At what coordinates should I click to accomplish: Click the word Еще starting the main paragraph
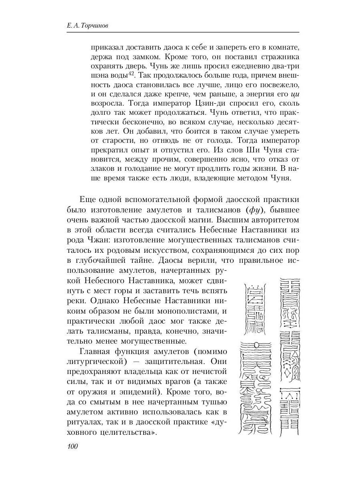click(87, 199)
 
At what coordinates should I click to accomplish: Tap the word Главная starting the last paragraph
click(98, 352)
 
